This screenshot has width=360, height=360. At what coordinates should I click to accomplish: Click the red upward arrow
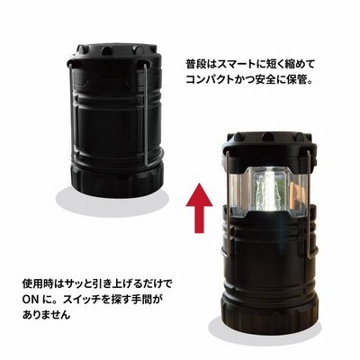point(199,208)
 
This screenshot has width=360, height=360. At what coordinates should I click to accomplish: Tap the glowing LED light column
point(268,192)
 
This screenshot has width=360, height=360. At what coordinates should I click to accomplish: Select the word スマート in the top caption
point(240,65)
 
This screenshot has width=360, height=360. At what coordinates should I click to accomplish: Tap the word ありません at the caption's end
point(47,315)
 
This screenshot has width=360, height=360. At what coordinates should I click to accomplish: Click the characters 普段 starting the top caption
point(196,65)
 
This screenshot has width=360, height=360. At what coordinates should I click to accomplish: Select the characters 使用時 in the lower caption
point(39,283)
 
